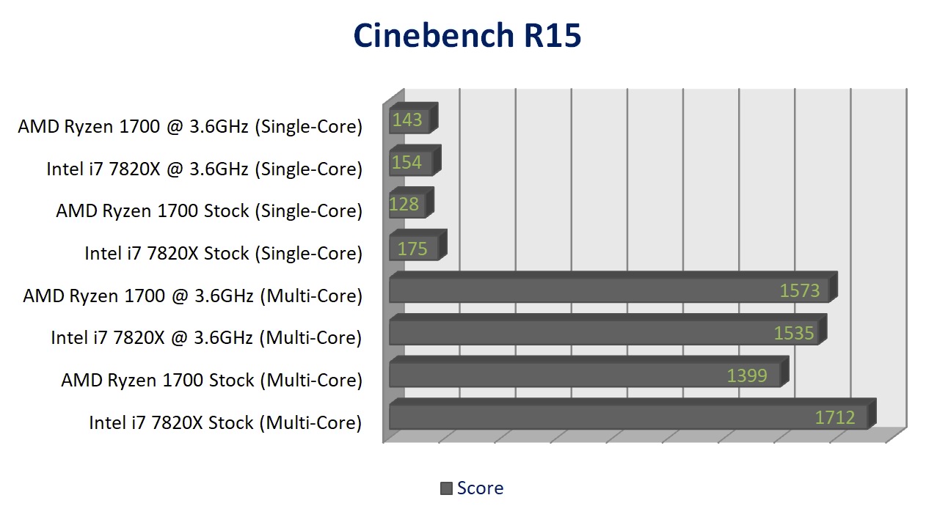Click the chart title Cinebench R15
(x=467, y=36)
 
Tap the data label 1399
(x=747, y=375)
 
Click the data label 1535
(x=794, y=333)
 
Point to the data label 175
(x=412, y=249)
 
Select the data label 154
(x=406, y=162)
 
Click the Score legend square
(x=446, y=488)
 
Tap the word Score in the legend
(x=480, y=488)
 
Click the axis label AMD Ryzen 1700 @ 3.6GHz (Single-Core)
(x=190, y=127)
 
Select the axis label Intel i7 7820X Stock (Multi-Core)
(x=225, y=422)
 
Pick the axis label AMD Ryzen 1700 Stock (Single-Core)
(x=209, y=211)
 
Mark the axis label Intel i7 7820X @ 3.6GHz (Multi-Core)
(x=206, y=338)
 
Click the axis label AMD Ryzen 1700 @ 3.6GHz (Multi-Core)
(x=192, y=296)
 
